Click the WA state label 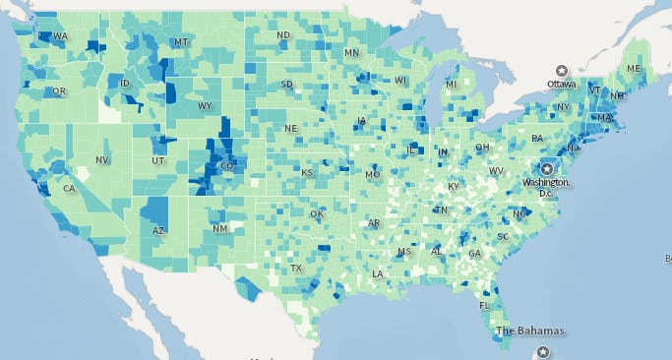(x=60, y=36)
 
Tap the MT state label (x=180, y=42)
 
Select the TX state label (x=296, y=269)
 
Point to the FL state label (x=484, y=305)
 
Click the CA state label (x=69, y=189)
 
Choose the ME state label (x=634, y=69)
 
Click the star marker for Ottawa (x=561, y=70)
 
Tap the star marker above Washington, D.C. (x=547, y=168)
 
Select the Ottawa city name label (x=561, y=85)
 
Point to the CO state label (x=227, y=166)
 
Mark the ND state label (x=283, y=35)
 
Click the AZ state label (x=157, y=230)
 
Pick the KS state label (x=307, y=173)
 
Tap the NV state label (x=101, y=159)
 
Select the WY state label (x=205, y=106)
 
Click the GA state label (x=475, y=253)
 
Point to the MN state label (x=351, y=52)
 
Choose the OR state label (x=59, y=91)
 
